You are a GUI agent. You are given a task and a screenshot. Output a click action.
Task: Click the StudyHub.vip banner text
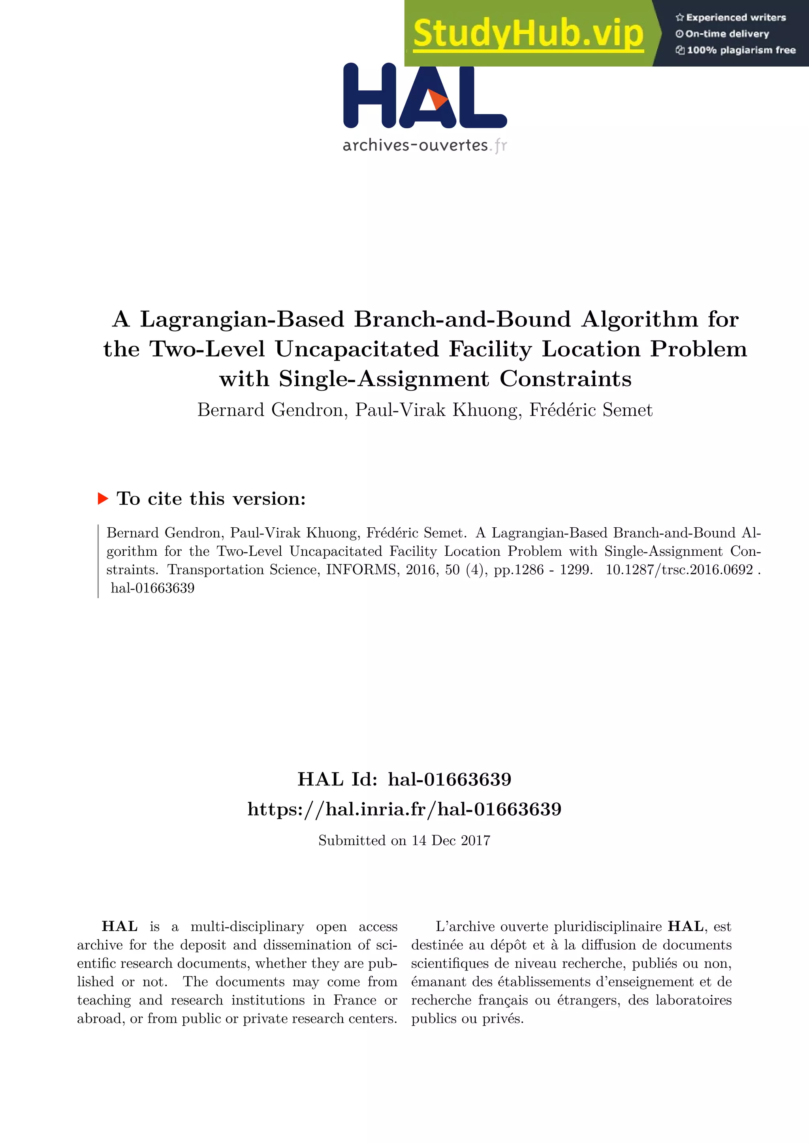coord(528,34)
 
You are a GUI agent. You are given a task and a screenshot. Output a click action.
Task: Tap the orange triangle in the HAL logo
coord(438,99)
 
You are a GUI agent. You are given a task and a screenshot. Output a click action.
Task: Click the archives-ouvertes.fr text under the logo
coord(424,145)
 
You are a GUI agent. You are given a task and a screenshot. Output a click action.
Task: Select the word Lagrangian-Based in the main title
coord(242,319)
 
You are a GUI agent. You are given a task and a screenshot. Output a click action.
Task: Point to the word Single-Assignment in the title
coord(384,379)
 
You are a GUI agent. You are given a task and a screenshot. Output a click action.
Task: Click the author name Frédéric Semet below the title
coord(591,410)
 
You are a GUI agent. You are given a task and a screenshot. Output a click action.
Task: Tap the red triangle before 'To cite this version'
coord(103,498)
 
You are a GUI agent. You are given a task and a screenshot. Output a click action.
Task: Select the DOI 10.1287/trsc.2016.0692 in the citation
coord(679,570)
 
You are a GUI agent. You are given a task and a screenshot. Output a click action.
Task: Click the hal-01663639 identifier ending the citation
coord(152,588)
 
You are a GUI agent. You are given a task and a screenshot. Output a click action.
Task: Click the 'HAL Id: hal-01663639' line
coord(404,779)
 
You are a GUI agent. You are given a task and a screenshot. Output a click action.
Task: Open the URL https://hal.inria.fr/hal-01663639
coord(404,809)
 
